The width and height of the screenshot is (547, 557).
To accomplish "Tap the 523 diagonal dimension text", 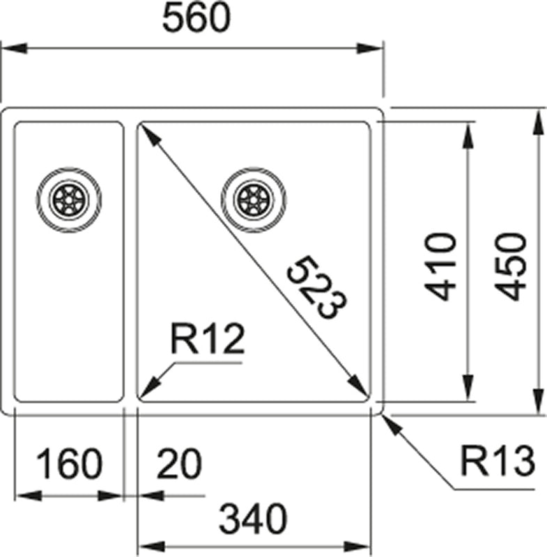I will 318,287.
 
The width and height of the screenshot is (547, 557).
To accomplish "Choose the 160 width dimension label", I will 69,464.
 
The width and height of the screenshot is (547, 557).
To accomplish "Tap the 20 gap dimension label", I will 178,464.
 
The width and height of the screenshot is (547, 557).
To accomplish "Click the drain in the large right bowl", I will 252,198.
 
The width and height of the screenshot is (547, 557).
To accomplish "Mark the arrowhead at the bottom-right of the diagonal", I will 360,390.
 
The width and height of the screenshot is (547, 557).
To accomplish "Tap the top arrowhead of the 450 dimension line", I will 539,122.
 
